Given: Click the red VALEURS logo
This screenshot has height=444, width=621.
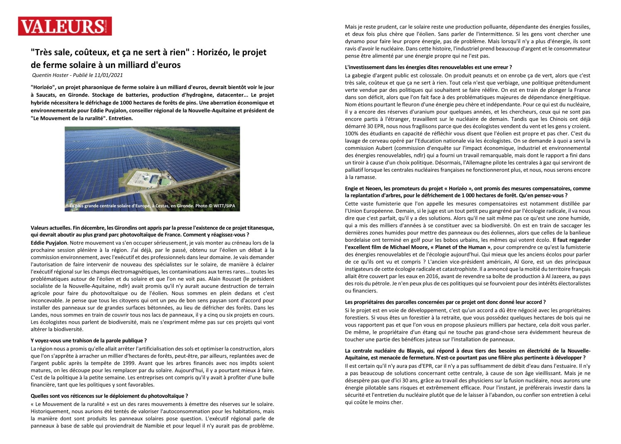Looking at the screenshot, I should pos(65,26).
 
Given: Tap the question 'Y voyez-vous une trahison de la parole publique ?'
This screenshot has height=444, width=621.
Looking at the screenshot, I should pos(89,341).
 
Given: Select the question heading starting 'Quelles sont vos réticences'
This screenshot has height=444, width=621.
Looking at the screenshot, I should pos(109,396).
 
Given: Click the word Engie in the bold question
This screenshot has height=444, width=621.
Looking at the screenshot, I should pos(352,188).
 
